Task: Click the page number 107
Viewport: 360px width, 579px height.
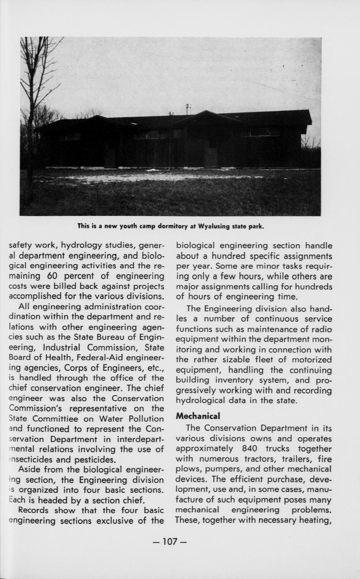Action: pyautogui.click(x=170, y=542)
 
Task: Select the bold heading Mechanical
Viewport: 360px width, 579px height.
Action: pyautogui.click(x=198, y=416)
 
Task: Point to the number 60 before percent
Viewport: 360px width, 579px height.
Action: pyautogui.click(x=58, y=276)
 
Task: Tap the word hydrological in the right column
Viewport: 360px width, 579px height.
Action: pyautogui.click(x=201, y=401)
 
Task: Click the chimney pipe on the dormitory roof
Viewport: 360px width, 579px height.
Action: pyautogui.click(x=188, y=109)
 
